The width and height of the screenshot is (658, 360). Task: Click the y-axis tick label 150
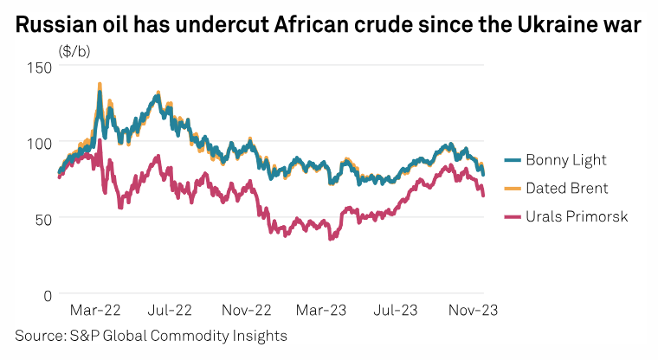[x=38, y=67]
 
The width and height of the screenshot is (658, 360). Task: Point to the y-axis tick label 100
[x=38, y=142]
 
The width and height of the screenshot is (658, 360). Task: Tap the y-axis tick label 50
[x=42, y=218]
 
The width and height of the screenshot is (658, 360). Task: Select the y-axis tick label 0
[x=48, y=294]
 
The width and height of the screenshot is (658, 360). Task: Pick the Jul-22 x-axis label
[x=169, y=309]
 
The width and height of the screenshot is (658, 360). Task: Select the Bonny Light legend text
[x=567, y=159]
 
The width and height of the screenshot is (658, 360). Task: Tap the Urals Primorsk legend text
[x=577, y=215]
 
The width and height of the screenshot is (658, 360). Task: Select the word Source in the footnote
[x=37, y=334]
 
